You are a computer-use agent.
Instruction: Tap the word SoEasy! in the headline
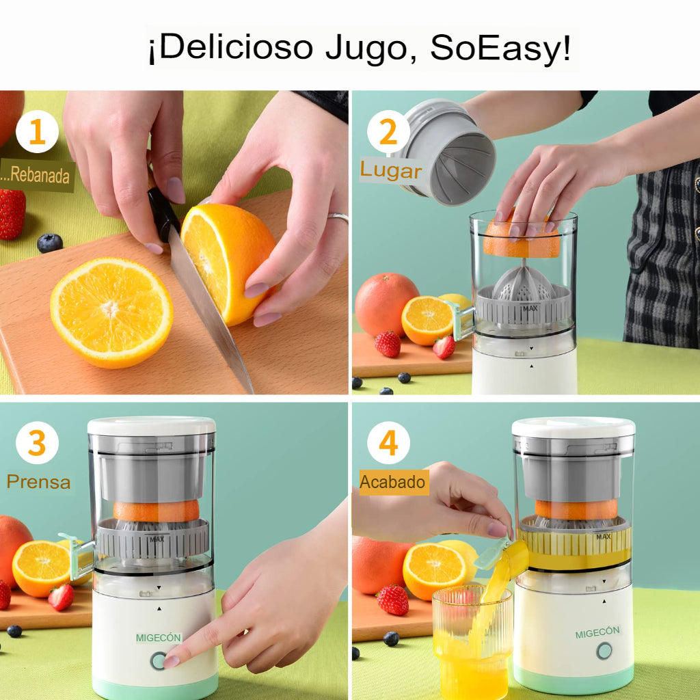[500, 47]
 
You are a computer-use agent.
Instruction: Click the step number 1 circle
[37, 132]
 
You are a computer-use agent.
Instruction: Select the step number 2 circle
[388, 132]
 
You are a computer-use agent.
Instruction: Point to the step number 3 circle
[37, 443]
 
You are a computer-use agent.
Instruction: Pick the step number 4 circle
[388, 443]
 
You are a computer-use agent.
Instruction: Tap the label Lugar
[391, 170]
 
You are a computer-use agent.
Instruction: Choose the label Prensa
[38, 482]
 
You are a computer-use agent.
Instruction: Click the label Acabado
[393, 482]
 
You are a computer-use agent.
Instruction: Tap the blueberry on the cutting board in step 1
[49, 243]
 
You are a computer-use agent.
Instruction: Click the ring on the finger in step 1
[338, 217]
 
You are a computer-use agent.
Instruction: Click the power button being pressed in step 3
[159, 661]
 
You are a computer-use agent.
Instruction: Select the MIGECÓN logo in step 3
[159, 638]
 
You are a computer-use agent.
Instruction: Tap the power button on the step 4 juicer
[604, 651]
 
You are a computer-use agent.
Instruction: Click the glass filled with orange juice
[472, 643]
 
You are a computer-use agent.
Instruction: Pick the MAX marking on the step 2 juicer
[530, 308]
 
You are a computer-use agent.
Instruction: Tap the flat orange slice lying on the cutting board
[111, 313]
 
